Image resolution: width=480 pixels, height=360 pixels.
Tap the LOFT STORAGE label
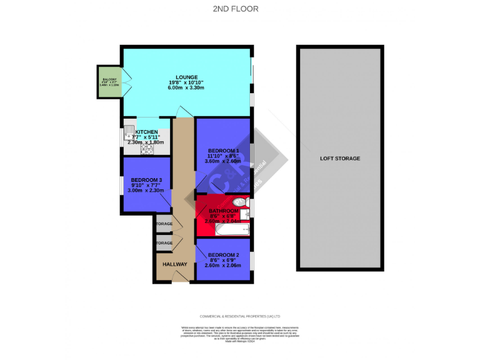(340, 159)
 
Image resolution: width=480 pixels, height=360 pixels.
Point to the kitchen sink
(128, 132)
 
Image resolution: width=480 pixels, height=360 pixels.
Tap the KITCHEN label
(137, 132)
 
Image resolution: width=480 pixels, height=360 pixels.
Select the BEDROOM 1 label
(223, 151)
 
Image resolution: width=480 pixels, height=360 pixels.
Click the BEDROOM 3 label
(146, 180)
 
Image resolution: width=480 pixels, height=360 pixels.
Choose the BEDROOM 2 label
(223, 255)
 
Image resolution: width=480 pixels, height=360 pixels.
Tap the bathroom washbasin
(245, 216)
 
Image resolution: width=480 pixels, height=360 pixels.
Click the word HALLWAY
(175, 264)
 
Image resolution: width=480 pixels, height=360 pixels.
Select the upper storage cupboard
(164, 224)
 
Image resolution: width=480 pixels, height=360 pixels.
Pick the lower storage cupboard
(164, 242)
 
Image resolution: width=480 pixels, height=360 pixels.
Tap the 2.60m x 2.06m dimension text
(222, 266)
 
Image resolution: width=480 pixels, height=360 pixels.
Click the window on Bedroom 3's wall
(122, 186)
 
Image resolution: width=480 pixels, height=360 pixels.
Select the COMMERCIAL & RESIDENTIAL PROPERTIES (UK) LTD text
(240, 316)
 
